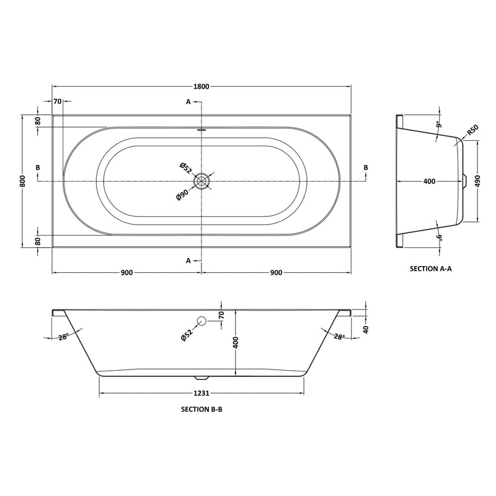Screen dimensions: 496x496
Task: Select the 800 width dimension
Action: [22, 180]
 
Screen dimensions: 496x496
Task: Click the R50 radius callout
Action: [472, 131]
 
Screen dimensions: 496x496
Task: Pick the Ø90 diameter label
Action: [182, 193]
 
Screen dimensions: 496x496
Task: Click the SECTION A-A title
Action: [431, 269]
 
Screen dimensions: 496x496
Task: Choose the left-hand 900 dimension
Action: [126, 273]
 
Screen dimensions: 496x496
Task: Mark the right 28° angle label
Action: [339, 337]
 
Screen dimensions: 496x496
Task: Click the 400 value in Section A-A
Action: [428, 181]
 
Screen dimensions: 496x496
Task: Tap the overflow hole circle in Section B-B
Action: [201, 321]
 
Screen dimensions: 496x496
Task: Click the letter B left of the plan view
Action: [38, 168]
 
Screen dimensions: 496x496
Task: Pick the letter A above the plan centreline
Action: [188, 101]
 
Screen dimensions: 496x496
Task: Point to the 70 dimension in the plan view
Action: [57, 101]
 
